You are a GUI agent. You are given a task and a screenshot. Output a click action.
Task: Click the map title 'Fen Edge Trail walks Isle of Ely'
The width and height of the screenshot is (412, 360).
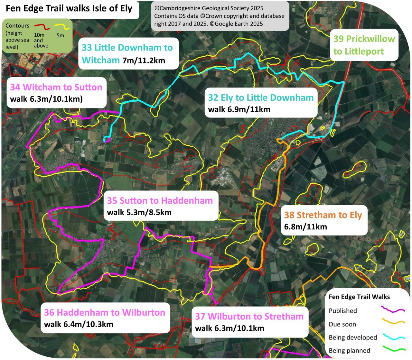point(69,9)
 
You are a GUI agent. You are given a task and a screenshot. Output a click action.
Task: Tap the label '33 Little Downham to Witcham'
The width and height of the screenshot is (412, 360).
point(127,53)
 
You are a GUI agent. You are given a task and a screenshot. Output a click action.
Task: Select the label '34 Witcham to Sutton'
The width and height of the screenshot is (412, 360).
point(56,87)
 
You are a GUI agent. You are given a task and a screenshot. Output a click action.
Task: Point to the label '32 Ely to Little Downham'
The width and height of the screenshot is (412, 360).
point(261,98)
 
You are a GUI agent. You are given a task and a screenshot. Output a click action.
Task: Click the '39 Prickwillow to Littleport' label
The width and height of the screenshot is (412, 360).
point(364,45)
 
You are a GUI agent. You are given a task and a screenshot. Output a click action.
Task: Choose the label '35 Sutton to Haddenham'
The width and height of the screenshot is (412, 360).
point(160,201)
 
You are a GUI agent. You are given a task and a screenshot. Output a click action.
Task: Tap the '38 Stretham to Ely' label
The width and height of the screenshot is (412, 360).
point(323,215)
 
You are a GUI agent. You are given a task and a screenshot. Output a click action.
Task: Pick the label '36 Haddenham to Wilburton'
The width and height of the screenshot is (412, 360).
point(105,312)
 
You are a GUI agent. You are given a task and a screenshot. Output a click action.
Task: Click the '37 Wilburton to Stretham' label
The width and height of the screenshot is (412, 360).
point(249,317)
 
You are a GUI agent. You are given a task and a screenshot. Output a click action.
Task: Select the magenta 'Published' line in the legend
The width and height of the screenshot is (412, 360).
point(393,310)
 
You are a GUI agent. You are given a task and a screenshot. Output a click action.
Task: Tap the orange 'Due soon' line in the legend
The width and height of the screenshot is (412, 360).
point(393,322)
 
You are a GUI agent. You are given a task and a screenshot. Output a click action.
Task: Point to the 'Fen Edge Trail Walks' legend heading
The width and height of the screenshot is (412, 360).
point(359,297)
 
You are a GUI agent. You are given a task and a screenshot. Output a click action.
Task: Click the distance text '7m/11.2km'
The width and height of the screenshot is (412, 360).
point(144,60)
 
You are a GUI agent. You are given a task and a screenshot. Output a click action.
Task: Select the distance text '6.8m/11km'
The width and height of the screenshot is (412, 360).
point(305,227)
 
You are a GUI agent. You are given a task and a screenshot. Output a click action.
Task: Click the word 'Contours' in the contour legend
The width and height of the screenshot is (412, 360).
point(17,26)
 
